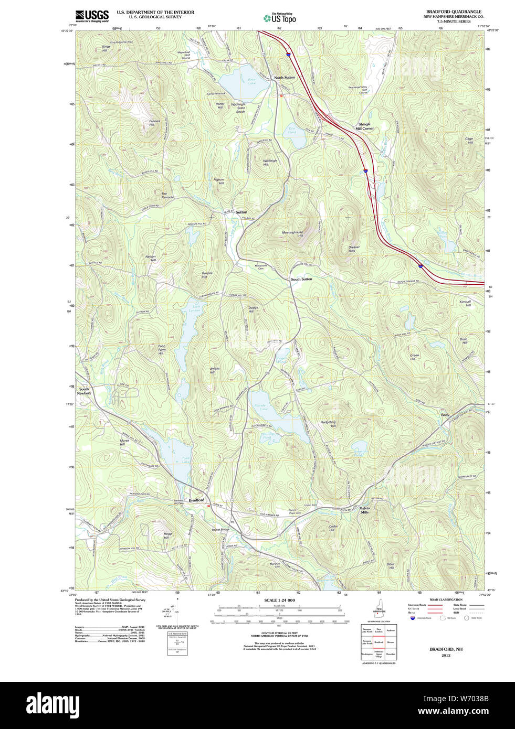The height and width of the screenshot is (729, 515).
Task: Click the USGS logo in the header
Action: click(x=92, y=16)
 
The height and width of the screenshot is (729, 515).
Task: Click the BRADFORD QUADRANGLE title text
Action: click(x=453, y=12)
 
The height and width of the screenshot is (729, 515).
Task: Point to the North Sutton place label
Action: click(x=285, y=78)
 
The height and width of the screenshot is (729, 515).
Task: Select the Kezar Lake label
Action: click(x=252, y=81)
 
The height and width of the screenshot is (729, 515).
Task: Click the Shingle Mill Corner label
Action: click(x=364, y=126)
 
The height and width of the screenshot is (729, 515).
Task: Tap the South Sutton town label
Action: click(x=301, y=280)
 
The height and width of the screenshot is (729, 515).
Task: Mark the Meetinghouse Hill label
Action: click(x=292, y=234)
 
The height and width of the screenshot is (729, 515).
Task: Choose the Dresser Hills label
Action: click(x=354, y=249)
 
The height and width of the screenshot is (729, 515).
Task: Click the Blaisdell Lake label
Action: click(x=261, y=407)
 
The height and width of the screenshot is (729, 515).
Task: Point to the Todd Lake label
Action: click(x=185, y=460)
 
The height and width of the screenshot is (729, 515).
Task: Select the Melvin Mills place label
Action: click(x=364, y=510)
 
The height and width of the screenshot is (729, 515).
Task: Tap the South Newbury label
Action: click(x=84, y=391)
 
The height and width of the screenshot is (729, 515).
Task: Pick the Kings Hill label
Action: click(x=106, y=49)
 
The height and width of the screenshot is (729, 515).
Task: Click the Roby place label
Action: click(x=445, y=415)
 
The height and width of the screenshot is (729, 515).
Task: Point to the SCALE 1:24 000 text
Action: click(x=279, y=600)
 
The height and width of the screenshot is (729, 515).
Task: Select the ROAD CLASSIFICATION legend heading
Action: click(x=446, y=599)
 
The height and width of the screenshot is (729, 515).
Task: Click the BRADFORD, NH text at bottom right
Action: click(x=446, y=649)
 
